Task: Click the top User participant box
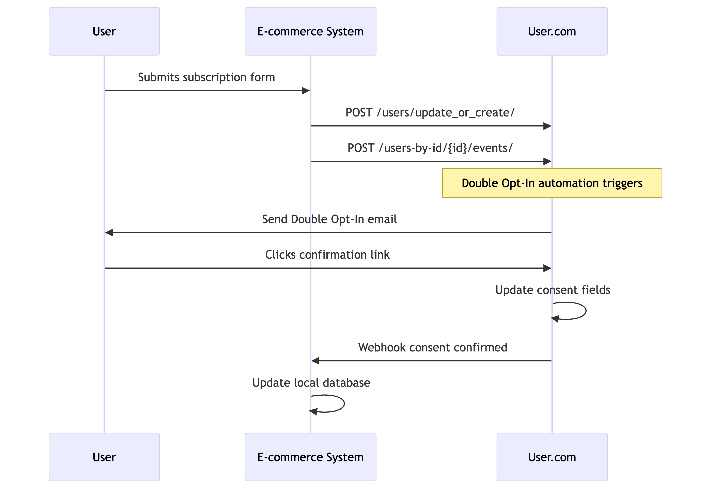104,31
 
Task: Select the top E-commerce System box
310,31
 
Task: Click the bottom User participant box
104,457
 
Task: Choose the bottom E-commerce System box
310,457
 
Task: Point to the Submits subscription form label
206,77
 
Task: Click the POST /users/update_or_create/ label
430,112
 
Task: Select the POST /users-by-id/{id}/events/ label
430,148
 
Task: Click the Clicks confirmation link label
327,255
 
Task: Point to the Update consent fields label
553,290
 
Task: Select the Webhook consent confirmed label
432,347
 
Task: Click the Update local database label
311,383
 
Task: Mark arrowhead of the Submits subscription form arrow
306,91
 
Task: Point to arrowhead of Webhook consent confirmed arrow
315,361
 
